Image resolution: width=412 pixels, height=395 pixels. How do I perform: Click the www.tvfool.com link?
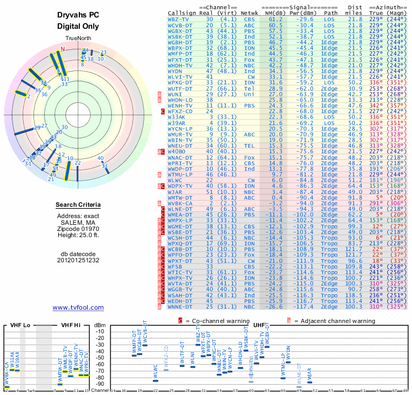tap(78, 308)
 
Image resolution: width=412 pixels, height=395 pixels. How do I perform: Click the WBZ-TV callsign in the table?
tap(178, 19)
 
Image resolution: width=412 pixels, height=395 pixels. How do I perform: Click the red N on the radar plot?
tap(63, 49)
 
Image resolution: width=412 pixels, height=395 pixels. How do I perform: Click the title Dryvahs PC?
tap(78, 15)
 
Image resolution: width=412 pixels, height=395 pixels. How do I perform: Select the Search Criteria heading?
tap(78, 205)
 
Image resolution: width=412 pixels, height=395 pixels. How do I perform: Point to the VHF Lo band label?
tap(20, 325)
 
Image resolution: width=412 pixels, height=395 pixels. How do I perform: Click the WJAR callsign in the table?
tap(176, 192)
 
